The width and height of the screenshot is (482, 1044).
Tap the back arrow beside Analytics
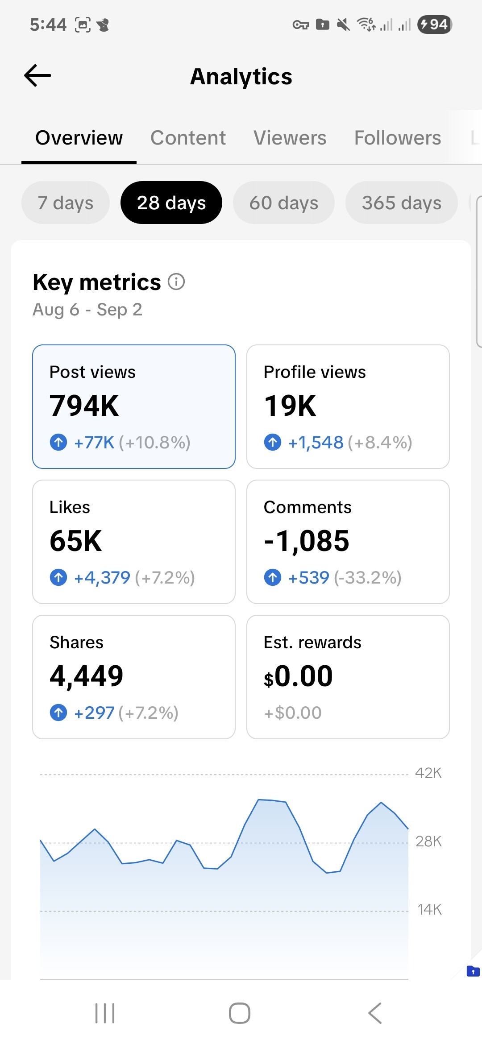point(37,75)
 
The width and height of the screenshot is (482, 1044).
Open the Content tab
point(188,138)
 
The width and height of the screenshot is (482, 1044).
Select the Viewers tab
point(290,138)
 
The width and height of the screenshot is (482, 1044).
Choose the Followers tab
point(397,138)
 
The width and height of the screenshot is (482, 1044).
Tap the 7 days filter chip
point(65,203)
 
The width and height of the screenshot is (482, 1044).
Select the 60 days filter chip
point(283,203)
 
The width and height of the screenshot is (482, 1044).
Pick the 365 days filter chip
point(401,203)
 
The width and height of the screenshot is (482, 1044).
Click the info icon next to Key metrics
point(176,282)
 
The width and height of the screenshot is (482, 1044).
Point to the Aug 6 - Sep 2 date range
point(87,310)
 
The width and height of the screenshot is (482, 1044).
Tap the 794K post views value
point(84,406)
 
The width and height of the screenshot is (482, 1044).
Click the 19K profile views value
point(290,406)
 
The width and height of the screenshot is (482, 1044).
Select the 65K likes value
point(76,541)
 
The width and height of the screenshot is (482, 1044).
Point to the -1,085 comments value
point(307,541)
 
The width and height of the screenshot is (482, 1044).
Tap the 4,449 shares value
point(87,676)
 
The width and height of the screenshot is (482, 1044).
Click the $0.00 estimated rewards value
point(298,676)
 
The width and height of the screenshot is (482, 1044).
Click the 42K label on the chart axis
point(428,773)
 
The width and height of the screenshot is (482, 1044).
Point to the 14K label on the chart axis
point(429,909)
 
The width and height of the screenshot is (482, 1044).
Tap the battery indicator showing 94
point(434,24)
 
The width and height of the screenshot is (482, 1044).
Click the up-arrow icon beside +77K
point(58,443)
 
